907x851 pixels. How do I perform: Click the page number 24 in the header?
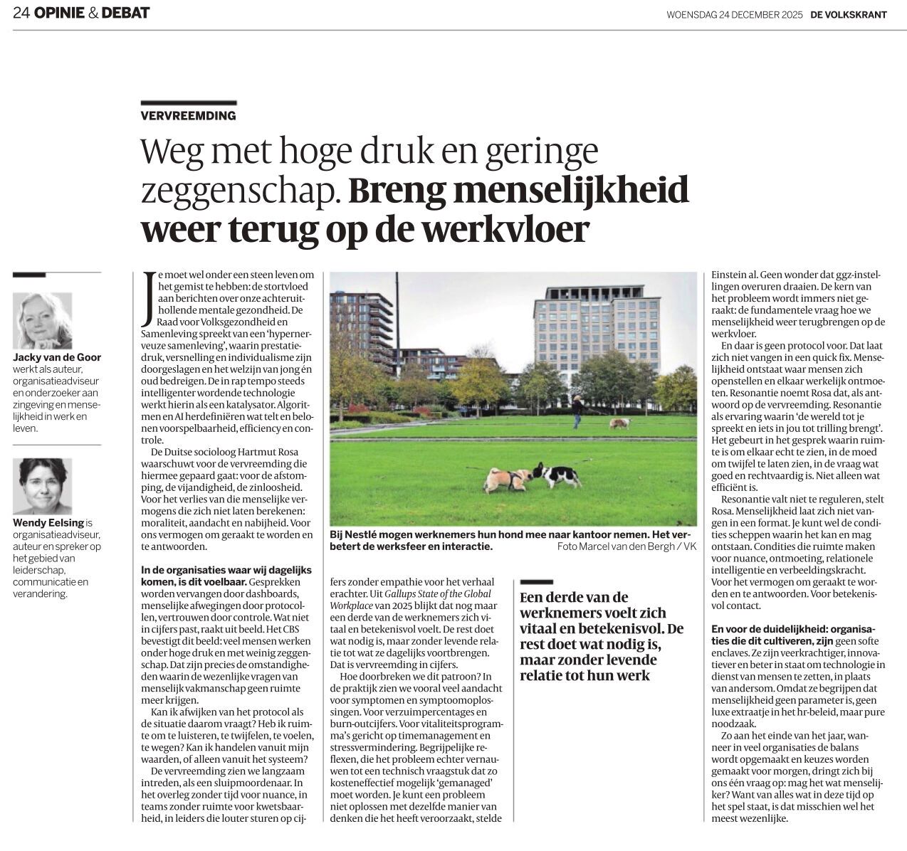point(21,13)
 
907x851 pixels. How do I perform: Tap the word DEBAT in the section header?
point(125,13)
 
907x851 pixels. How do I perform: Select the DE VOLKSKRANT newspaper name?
point(848,14)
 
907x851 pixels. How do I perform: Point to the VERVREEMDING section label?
point(188,115)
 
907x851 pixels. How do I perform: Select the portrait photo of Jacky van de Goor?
point(42,320)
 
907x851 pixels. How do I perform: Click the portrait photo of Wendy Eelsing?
point(42,486)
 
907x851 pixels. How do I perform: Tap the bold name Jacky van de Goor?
point(57,358)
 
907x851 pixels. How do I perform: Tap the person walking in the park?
point(577,411)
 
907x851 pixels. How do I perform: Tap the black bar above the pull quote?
point(537,581)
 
